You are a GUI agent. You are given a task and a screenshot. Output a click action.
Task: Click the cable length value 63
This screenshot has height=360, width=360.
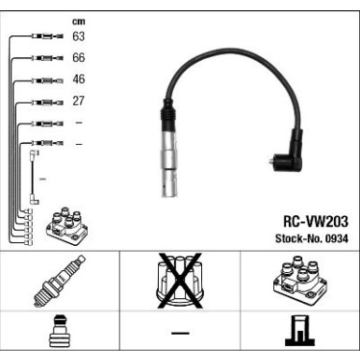(x=78, y=36)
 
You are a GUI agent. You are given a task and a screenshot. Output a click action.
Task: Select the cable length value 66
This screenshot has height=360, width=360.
(x=78, y=58)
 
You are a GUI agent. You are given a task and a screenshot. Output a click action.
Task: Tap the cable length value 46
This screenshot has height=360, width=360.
(x=78, y=79)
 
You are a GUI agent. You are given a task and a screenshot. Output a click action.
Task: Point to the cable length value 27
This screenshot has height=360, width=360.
(x=78, y=101)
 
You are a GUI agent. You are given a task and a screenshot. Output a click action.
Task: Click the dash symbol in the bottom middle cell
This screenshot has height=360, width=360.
(x=180, y=334)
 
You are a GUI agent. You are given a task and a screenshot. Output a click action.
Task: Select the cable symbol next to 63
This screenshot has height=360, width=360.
(x=44, y=37)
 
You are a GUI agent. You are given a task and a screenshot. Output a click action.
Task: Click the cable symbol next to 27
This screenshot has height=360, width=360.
(x=44, y=102)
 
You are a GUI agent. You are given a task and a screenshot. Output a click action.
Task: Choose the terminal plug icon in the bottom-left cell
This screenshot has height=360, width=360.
(x=59, y=334)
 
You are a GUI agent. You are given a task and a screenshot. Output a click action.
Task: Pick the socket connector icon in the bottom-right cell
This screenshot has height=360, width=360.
(x=299, y=334)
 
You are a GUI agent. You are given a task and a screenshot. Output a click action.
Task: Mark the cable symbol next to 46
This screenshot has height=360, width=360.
(x=44, y=80)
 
